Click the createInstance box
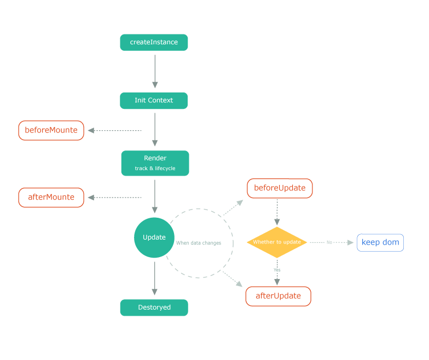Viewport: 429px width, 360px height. (x=154, y=43)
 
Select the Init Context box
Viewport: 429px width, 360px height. (x=154, y=101)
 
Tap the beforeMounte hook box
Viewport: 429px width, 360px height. (x=51, y=130)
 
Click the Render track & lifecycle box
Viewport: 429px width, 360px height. (x=155, y=163)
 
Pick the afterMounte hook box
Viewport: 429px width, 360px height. (x=51, y=198)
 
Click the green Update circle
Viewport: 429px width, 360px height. (x=154, y=237)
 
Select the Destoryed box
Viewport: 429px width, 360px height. (x=154, y=307)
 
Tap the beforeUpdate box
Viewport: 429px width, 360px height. (x=280, y=188)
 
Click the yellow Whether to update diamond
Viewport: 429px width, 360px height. (x=277, y=242)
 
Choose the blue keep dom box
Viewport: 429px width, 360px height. (x=380, y=242)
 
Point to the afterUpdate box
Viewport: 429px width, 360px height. (x=278, y=297)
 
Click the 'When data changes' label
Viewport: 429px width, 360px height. (x=199, y=243)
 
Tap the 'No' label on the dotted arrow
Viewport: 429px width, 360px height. (x=329, y=242)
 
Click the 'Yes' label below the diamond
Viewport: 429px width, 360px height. (x=277, y=270)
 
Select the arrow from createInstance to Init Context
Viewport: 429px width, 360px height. (x=155, y=71)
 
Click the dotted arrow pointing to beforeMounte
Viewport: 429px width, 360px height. (x=115, y=130)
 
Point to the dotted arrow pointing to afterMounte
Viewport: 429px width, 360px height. (x=115, y=198)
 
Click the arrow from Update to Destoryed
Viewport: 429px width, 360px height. (x=154, y=278)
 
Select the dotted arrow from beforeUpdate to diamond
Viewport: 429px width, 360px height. (x=277, y=212)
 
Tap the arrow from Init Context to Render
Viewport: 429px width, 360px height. (x=155, y=130)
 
